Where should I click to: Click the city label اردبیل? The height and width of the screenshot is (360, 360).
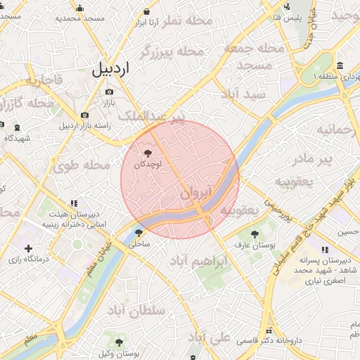point(111,69)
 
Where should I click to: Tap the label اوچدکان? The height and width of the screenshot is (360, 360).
point(147,164)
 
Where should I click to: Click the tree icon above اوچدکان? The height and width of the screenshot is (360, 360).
point(147,153)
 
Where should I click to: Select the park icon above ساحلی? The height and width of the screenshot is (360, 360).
point(139,233)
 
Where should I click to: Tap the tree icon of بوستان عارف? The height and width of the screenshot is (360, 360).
point(255,234)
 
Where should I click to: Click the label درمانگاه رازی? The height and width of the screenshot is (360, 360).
point(51,259)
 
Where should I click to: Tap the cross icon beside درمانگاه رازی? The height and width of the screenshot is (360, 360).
point(28,248)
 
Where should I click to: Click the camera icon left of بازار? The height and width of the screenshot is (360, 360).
point(85,115)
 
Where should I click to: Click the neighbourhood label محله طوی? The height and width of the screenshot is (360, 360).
point(82,166)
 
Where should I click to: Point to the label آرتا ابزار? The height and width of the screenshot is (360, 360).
point(146,22)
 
